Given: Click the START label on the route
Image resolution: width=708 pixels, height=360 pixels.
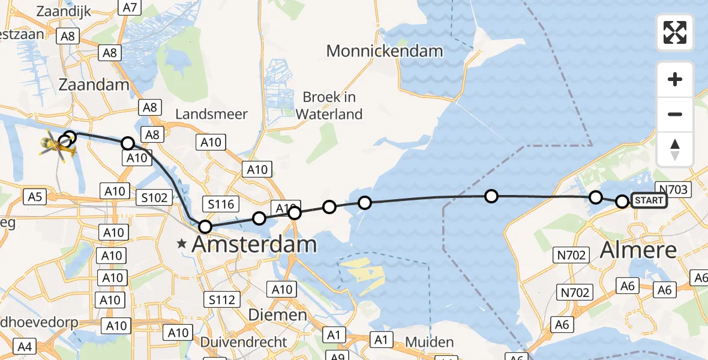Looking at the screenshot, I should pos(649,200).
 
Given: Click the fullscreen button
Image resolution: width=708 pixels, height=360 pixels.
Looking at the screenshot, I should pos(675,32).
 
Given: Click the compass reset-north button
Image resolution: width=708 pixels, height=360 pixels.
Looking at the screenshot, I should pos(675,149).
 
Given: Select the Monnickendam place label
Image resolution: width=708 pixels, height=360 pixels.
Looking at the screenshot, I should pos(385,51).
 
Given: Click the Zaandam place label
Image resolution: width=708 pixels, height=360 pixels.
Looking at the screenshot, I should pos(94,85).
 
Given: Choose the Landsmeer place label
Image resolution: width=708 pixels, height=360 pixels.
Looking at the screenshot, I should pos(211,114).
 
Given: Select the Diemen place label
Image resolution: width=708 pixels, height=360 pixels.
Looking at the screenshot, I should pos(278,314).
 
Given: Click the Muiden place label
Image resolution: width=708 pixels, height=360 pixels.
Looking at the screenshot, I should pos(429,342).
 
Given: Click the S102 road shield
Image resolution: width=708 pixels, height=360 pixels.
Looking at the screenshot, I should pos(155,196).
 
